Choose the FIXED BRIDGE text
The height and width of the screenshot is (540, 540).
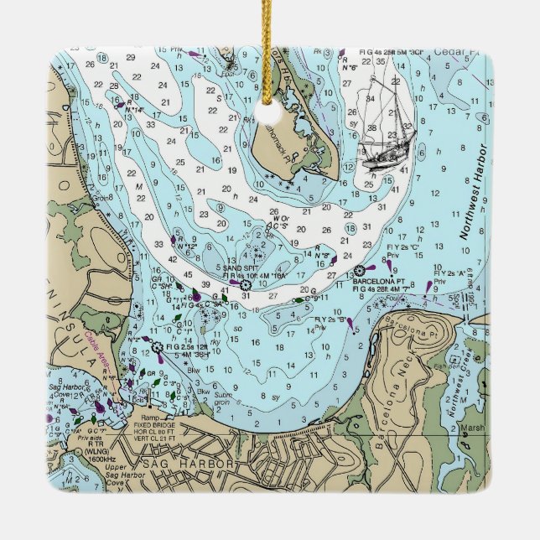point(154,424)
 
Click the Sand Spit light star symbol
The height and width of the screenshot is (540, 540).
point(245,285)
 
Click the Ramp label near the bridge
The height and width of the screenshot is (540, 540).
point(150,417)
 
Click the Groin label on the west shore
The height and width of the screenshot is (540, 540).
point(100,199)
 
